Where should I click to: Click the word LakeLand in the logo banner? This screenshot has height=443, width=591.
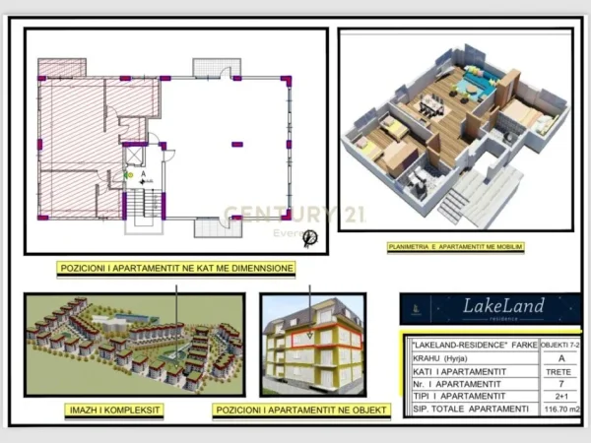tap(503, 306)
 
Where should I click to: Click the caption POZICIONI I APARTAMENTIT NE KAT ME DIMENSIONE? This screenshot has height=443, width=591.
tap(176, 268)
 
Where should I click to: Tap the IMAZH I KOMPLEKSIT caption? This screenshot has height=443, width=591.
tap(115, 409)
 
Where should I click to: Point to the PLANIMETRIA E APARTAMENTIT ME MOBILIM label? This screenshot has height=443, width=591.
tap(455, 246)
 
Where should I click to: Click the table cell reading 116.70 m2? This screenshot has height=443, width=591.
tap(557, 408)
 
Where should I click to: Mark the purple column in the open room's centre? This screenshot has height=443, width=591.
tap(237, 144)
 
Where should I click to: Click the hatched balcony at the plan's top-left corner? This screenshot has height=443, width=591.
tap(62, 69)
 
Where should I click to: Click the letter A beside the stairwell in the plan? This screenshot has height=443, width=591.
tap(144, 173)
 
